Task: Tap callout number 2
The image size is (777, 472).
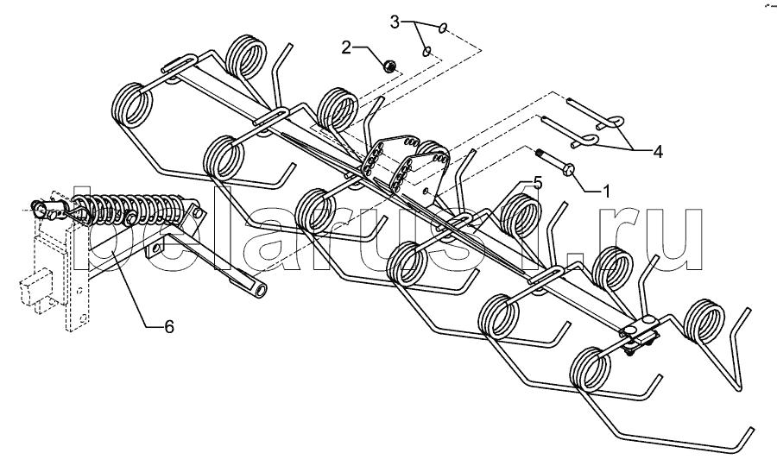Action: pyautogui.click(x=347, y=47)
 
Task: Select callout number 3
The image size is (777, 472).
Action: pyautogui.click(x=395, y=21)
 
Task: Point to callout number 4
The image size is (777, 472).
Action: pyautogui.click(x=658, y=152)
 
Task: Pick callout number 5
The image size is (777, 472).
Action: pyautogui.click(x=537, y=182)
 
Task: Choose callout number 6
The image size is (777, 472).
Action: pyautogui.click(x=169, y=327)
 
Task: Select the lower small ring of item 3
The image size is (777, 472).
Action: pyautogui.click(x=426, y=53)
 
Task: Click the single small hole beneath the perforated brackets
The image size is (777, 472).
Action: pyautogui.click(x=426, y=187)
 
